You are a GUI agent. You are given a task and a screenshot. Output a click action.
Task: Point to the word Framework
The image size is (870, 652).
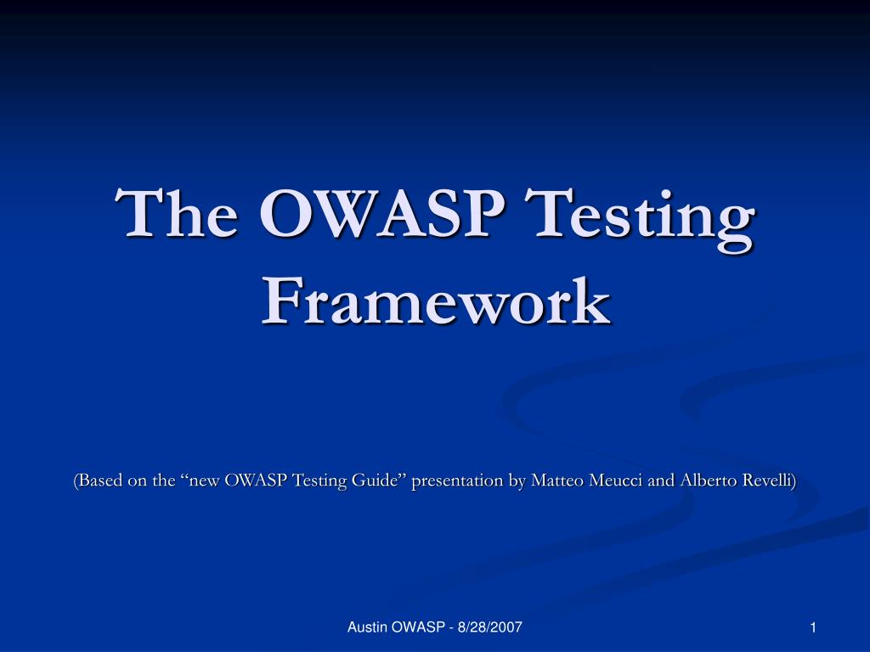(x=435, y=301)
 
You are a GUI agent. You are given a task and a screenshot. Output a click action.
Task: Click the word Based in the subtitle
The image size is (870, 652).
(x=101, y=481)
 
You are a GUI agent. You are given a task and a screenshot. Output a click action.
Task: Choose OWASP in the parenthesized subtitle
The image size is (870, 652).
(x=257, y=481)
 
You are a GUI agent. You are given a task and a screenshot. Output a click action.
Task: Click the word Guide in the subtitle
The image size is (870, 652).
(x=381, y=481)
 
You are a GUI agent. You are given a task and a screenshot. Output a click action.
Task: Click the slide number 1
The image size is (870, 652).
(x=813, y=627)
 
